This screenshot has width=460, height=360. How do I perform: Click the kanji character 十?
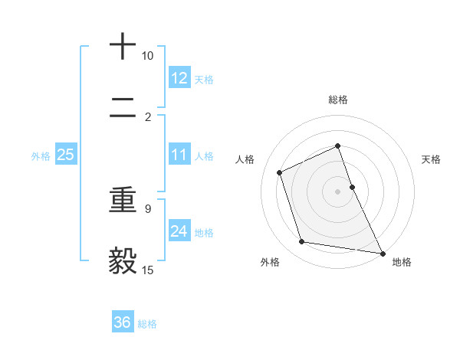(123, 47)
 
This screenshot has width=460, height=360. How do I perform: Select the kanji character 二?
(123, 112)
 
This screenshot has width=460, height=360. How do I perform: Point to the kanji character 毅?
(123, 261)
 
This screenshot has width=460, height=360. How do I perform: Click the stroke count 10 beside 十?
(147, 56)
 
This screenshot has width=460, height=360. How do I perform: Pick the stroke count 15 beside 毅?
(147, 270)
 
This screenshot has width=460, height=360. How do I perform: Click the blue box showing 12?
(179, 78)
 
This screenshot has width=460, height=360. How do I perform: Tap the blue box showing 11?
(179, 155)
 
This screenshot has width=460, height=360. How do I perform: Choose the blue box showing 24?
(179, 231)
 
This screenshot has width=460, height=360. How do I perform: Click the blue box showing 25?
(66, 155)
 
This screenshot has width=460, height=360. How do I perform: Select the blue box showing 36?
(123, 322)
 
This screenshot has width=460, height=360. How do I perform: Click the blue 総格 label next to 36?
(147, 324)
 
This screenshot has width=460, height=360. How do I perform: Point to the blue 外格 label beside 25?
(41, 155)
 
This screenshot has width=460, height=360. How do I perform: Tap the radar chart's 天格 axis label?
(431, 159)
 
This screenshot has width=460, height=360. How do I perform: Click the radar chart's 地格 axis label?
(402, 262)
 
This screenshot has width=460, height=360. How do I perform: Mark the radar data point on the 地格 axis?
(382, 252)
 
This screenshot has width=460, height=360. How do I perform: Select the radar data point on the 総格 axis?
(337, 146)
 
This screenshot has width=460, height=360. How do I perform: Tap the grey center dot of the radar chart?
(337, 191)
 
